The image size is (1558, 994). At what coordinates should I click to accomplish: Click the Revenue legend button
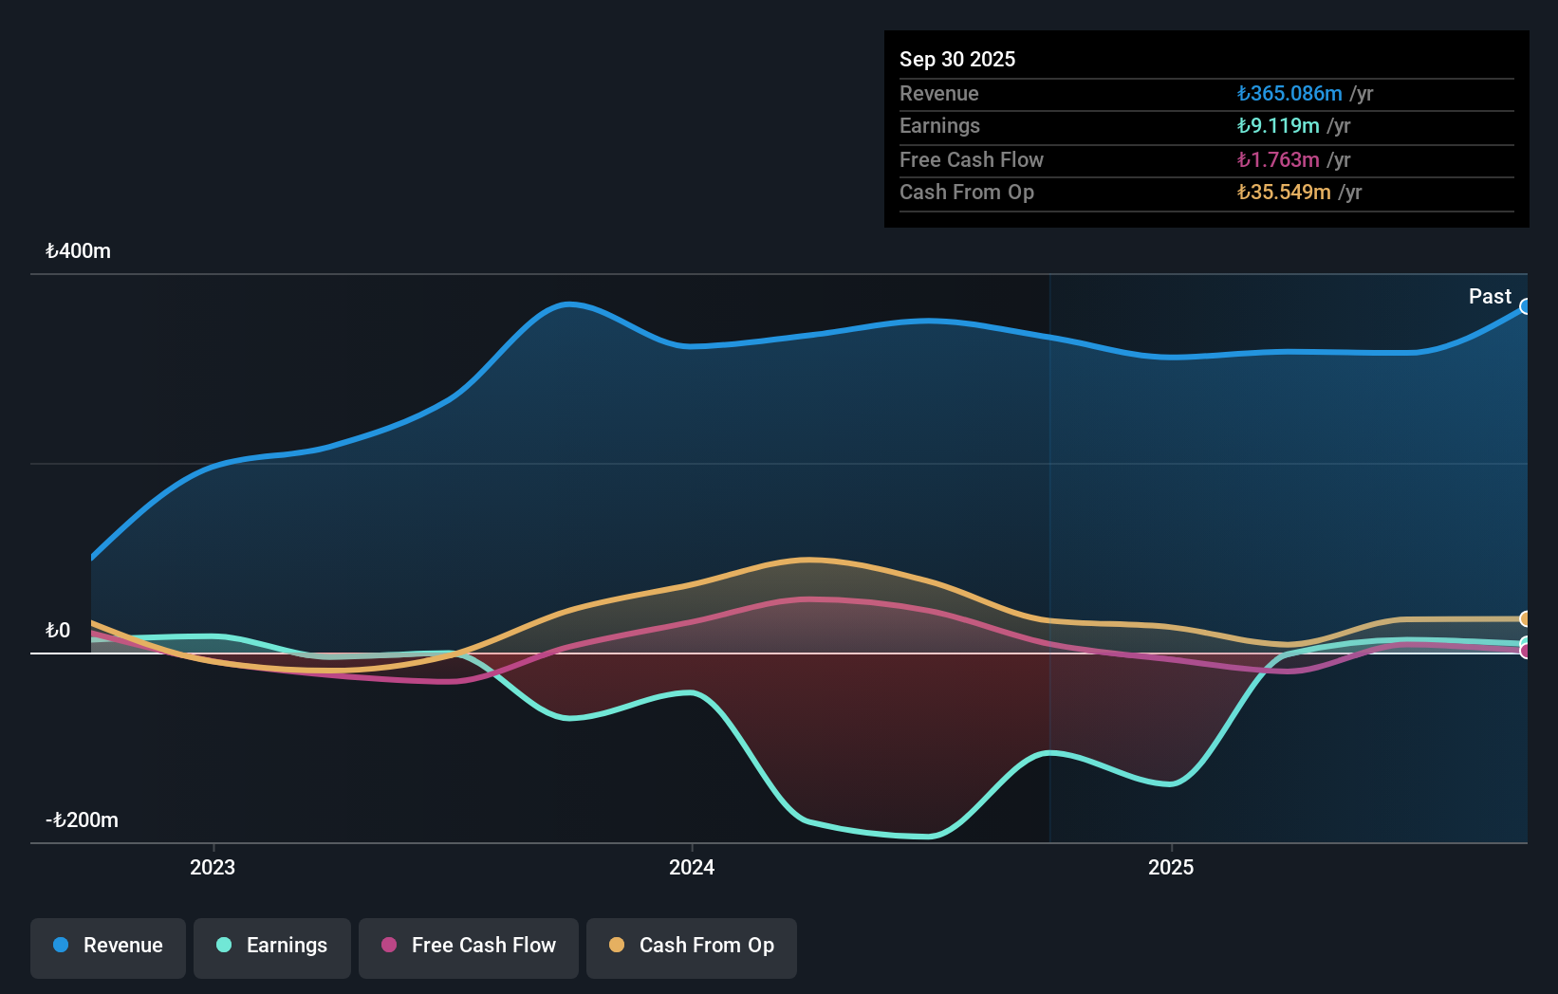108,947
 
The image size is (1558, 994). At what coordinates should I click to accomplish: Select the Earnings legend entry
272,947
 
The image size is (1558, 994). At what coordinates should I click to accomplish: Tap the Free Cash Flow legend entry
469,947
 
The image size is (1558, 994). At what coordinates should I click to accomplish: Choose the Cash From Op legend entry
692,947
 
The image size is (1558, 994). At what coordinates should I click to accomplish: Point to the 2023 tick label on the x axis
213,868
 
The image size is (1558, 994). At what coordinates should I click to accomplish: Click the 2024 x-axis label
692,868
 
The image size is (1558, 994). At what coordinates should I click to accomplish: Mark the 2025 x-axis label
1171,868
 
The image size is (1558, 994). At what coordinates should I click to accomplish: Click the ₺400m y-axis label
78,251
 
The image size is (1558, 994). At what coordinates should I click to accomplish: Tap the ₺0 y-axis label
58,631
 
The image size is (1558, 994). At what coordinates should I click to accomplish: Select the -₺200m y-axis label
83,820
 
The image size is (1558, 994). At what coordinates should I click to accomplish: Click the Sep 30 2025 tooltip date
957,60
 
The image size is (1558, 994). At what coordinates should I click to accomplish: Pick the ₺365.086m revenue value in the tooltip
1289,94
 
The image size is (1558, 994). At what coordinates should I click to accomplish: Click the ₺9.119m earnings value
1278,126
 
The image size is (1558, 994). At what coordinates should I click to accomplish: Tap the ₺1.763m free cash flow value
1278,160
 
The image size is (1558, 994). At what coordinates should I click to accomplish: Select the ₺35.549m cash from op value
1284,193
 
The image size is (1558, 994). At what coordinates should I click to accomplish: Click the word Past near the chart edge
1490,297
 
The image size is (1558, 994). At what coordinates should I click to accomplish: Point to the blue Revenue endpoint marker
1526,306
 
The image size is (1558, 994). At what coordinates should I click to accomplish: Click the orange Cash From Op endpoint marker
1526,619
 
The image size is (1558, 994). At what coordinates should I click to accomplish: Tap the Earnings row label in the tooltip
939,126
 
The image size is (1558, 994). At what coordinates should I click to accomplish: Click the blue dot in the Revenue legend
61,946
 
